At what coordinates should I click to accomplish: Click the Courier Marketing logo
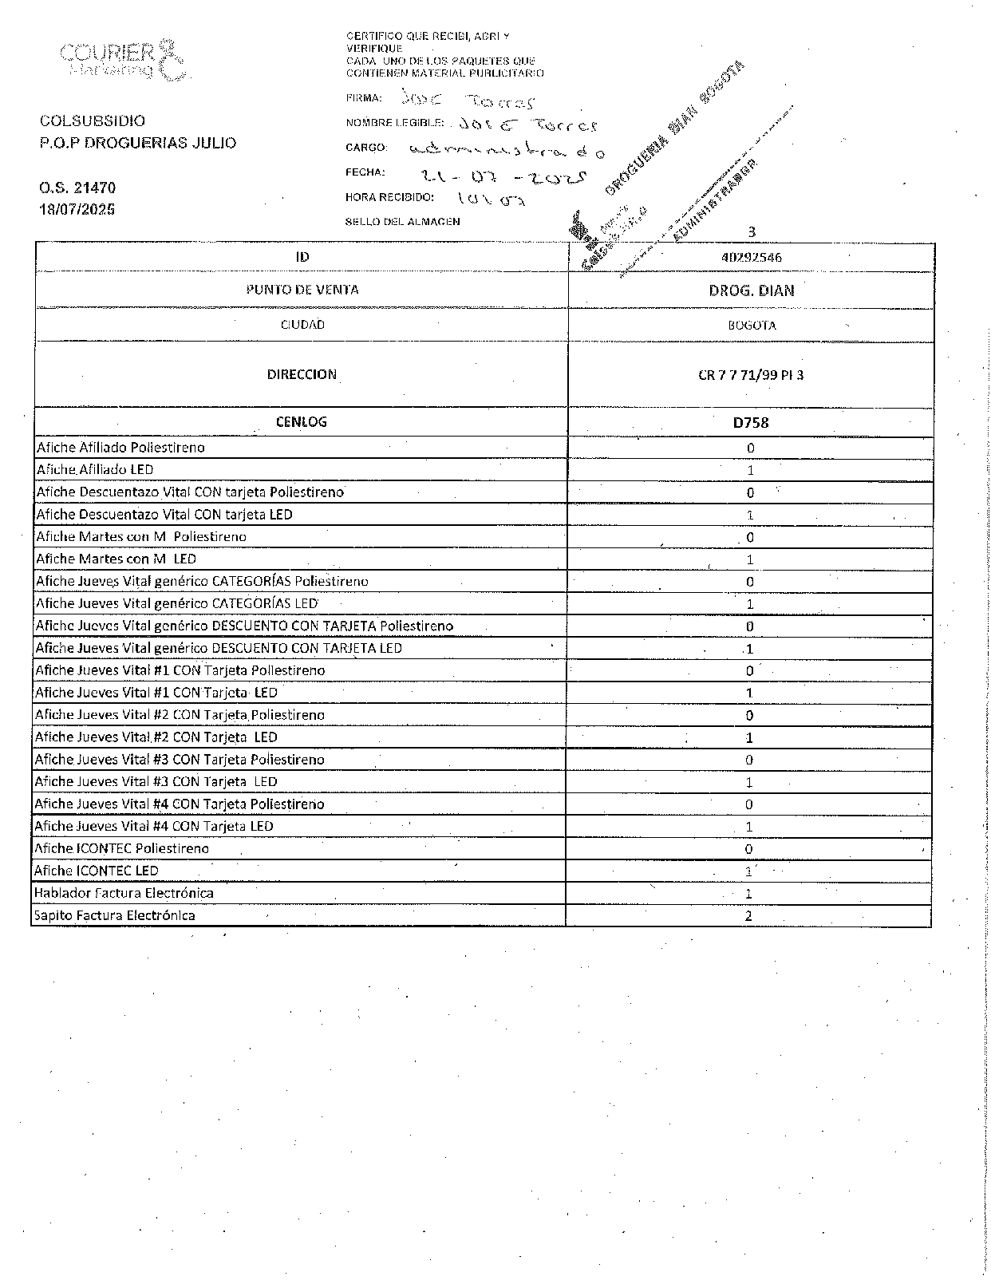(x=123, y=60)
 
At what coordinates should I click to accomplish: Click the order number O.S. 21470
(x=77, y=188)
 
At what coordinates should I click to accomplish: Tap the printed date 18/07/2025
(x=77, y=209)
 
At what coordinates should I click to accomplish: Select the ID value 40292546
(x=750, y=258)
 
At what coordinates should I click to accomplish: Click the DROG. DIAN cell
(x=751, y=290)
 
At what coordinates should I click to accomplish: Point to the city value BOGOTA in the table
(x=751, y=326)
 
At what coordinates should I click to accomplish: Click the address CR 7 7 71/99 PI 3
(x=750, y=375)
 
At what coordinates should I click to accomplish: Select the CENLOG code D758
(x=750, y=423)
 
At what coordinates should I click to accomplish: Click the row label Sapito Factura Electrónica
(x=114, y=915)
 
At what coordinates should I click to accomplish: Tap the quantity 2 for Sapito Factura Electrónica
(x=748, y=916)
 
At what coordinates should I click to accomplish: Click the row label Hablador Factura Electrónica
(x=124, y=893)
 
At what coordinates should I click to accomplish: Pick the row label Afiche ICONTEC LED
(x=96, y=871)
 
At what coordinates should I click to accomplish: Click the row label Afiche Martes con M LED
(x=116, y=559)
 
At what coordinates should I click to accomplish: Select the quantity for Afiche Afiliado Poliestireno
(x=750, y=448)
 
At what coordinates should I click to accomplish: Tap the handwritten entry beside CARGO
(x=507, y=150)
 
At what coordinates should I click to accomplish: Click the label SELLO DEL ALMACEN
(x=402, y=222)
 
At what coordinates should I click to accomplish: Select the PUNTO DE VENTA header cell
(x=302, y=290)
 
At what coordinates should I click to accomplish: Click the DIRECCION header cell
(x=302, y=374)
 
